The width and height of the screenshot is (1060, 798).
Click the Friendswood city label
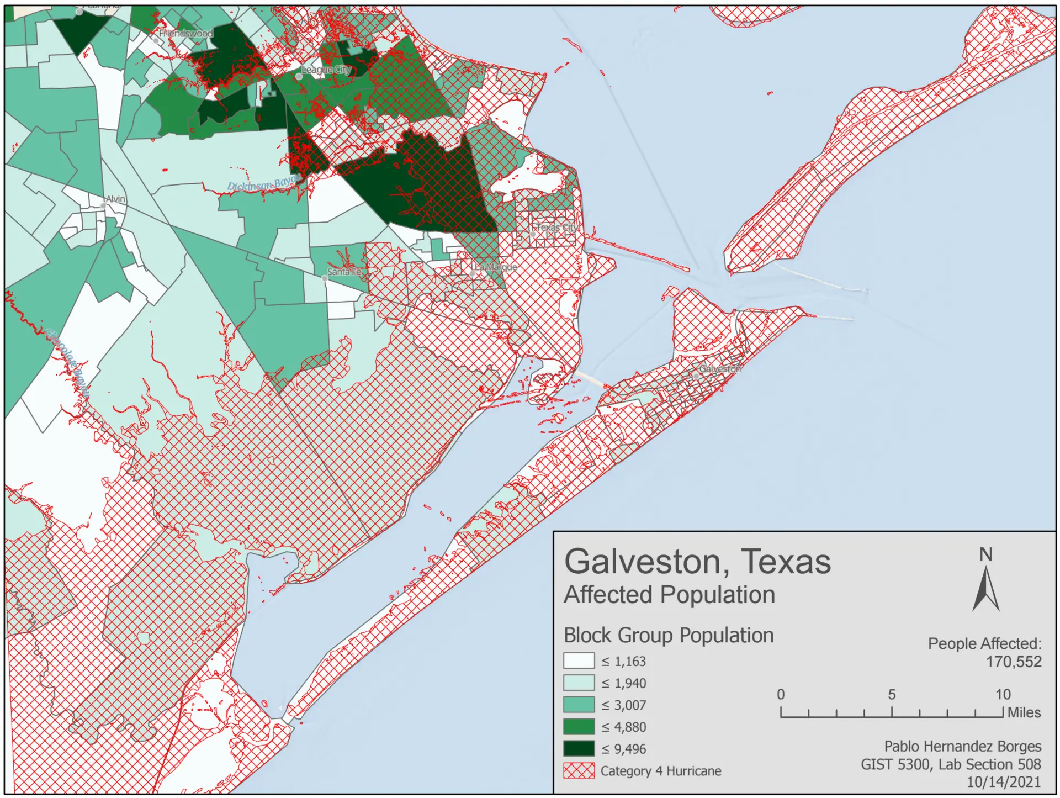(185, 33)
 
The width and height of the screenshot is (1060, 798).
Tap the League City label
(326, 70)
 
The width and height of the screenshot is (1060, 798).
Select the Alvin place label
(115, 199)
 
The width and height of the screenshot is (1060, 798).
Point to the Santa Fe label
(344, 272)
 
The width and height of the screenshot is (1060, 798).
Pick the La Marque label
(496, 267)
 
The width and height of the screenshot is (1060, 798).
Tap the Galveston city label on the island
(719, 368)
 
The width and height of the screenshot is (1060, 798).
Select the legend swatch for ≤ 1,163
(579, 661)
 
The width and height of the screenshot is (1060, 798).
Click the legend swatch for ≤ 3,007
(579, 705)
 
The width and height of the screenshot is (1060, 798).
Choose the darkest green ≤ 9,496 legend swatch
(579, 749)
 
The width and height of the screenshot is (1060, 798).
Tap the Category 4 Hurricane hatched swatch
(579, 771)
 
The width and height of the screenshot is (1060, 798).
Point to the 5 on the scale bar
(892, 695)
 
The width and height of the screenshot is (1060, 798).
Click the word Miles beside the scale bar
(1024, 712)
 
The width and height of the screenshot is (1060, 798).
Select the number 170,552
(1014, 662)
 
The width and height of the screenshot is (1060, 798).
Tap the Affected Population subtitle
(669, 595)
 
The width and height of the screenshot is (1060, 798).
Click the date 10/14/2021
(1003, 782)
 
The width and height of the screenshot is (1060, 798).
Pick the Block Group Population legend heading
(669, 635)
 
